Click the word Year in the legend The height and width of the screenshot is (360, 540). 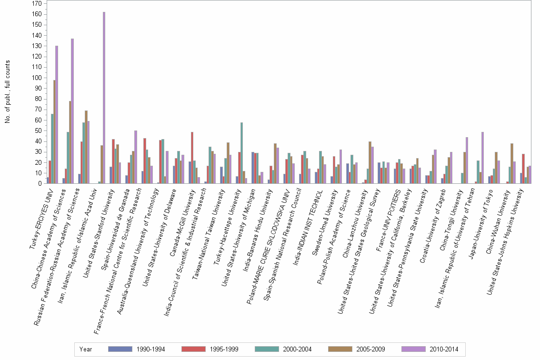coord(86,349)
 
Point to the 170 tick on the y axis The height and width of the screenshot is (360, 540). coord(36,4)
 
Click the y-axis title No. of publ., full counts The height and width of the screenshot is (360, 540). coord(8,92)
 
